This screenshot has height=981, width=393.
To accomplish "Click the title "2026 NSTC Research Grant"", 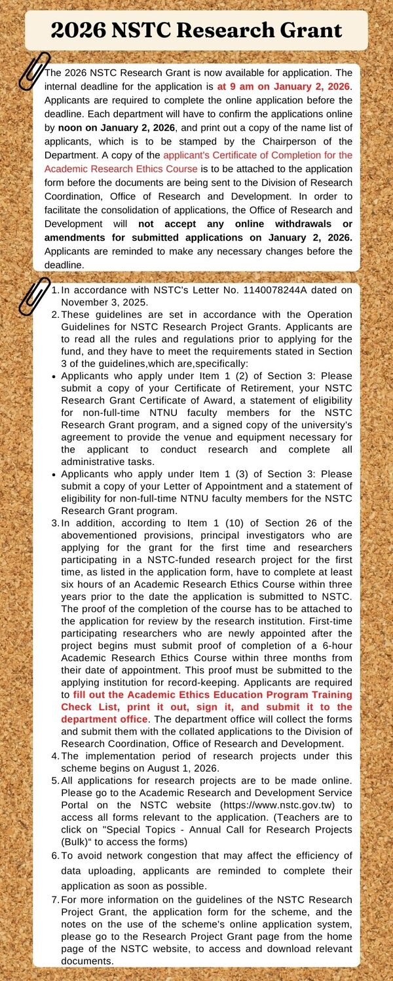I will (196, 30).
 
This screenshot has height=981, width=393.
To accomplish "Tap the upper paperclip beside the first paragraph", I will (34, 70).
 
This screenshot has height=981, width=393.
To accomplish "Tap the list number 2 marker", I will (55, 314).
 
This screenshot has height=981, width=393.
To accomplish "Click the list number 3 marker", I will (55, 523).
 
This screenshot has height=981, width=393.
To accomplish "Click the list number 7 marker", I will (55, 900).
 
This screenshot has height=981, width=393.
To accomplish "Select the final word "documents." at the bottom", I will (87, 961).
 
